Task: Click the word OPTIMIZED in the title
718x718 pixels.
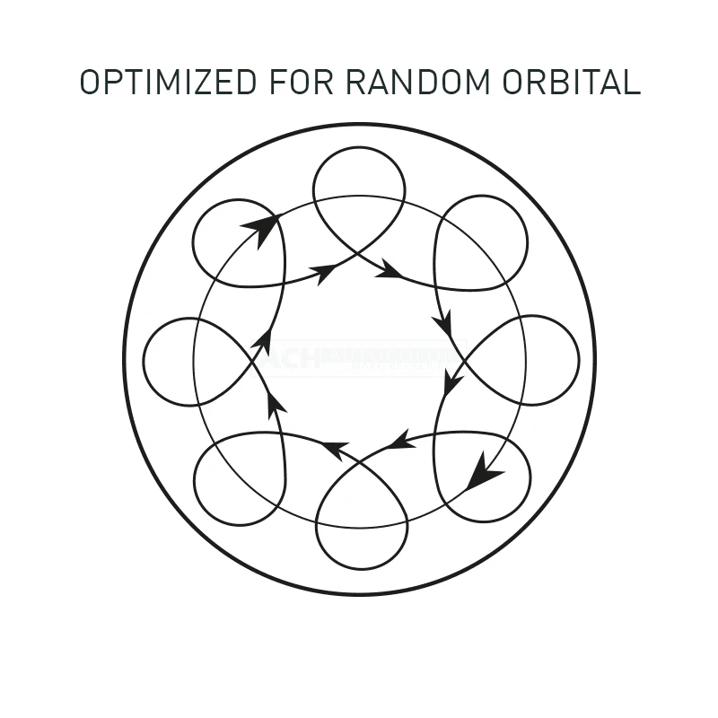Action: (x=167, y=82)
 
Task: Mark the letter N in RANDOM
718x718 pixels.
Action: (x=416, y=82)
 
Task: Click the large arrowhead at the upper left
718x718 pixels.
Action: (x=260, y=229)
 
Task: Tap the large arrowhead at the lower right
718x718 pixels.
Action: (x=483, y=471)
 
